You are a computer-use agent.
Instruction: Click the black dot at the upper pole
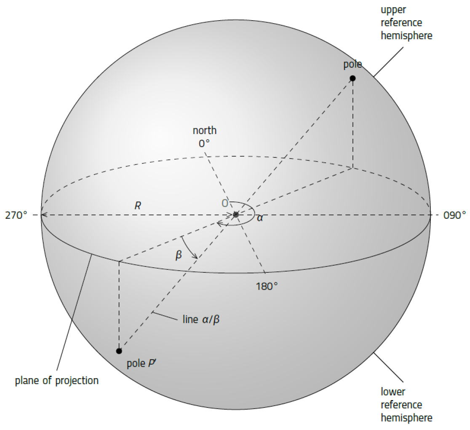click(x=353, y=78)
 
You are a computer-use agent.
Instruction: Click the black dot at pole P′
click(x=119, y=351)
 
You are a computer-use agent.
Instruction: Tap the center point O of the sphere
click(x=236, y=215)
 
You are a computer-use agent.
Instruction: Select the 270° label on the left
click(x=16, y=215)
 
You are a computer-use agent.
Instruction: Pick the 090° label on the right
click(x=454, y=215)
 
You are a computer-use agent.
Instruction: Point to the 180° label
click(x=267, y=286)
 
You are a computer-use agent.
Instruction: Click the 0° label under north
click(x=204, y=143)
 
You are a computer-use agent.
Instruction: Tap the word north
click(x=205, y=130)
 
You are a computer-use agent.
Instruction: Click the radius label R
click(x=138, y=206)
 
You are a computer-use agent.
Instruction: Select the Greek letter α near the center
click(x=260, y=218)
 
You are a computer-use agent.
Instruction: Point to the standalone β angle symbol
click(x=179, y=255)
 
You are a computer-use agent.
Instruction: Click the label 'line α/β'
click(x=201, y=319)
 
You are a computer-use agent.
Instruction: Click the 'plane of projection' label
click(x=57, y=381)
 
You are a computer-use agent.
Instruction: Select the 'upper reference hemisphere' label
click(x=406, y=22)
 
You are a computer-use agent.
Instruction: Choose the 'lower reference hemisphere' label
click(x=406, y=404)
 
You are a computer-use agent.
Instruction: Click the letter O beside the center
click(x=225, y=204)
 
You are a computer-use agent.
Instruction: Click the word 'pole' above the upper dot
click(x=353, y=64)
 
